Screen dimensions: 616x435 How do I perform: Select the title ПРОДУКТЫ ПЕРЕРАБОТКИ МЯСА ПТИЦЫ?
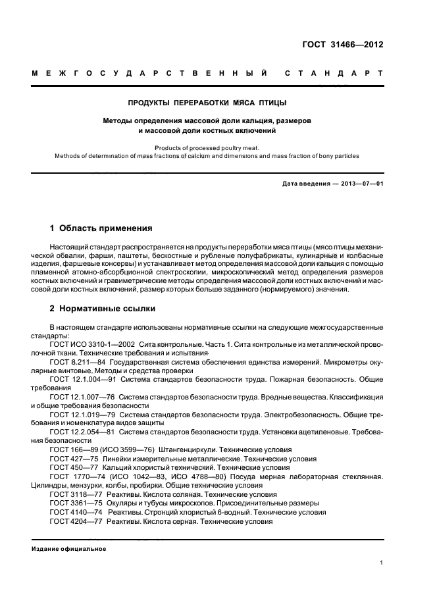pyautogui.click(x=207, y=103)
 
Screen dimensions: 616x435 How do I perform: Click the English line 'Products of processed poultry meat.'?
pyautogui.click(x=207, y=148)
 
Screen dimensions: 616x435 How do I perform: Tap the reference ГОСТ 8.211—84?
pyautogui.click(x=73, y=362)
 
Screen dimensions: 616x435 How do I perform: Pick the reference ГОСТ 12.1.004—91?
pyautogui.click(x=78, y=380)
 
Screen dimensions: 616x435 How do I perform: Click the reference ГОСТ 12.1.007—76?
pyautogui.click(x=78, y=398)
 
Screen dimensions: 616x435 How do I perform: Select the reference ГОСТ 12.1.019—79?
pyautogui.click(x=78, y=415)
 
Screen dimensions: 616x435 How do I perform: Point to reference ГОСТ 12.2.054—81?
pyautogui.click(x=78, y=432)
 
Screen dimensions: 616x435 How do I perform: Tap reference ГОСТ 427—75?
pyautogui.click(x=69, y=459)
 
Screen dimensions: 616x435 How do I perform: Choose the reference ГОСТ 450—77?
pyautogui.click(x=69, y=467)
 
